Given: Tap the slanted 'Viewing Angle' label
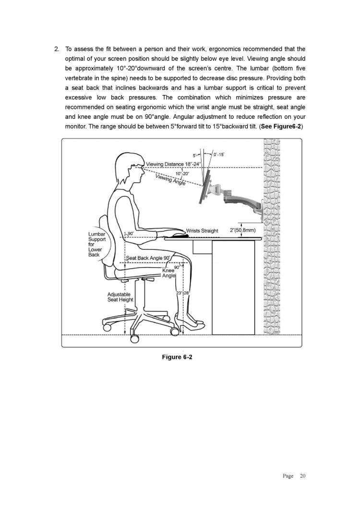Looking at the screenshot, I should pos(170,180).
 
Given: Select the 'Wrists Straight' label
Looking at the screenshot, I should pos(202,231).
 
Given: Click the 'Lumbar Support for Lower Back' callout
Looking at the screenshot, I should pos(96,244).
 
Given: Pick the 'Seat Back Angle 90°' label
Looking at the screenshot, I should pos(148,258).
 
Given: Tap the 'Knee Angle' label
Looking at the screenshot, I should pos(169,273).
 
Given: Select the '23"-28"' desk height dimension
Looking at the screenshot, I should pos(183,293).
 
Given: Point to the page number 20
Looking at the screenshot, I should pos(302,476).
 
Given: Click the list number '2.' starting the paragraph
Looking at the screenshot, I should pos(57,49).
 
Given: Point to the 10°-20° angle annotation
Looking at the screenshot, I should pos(182,173).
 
